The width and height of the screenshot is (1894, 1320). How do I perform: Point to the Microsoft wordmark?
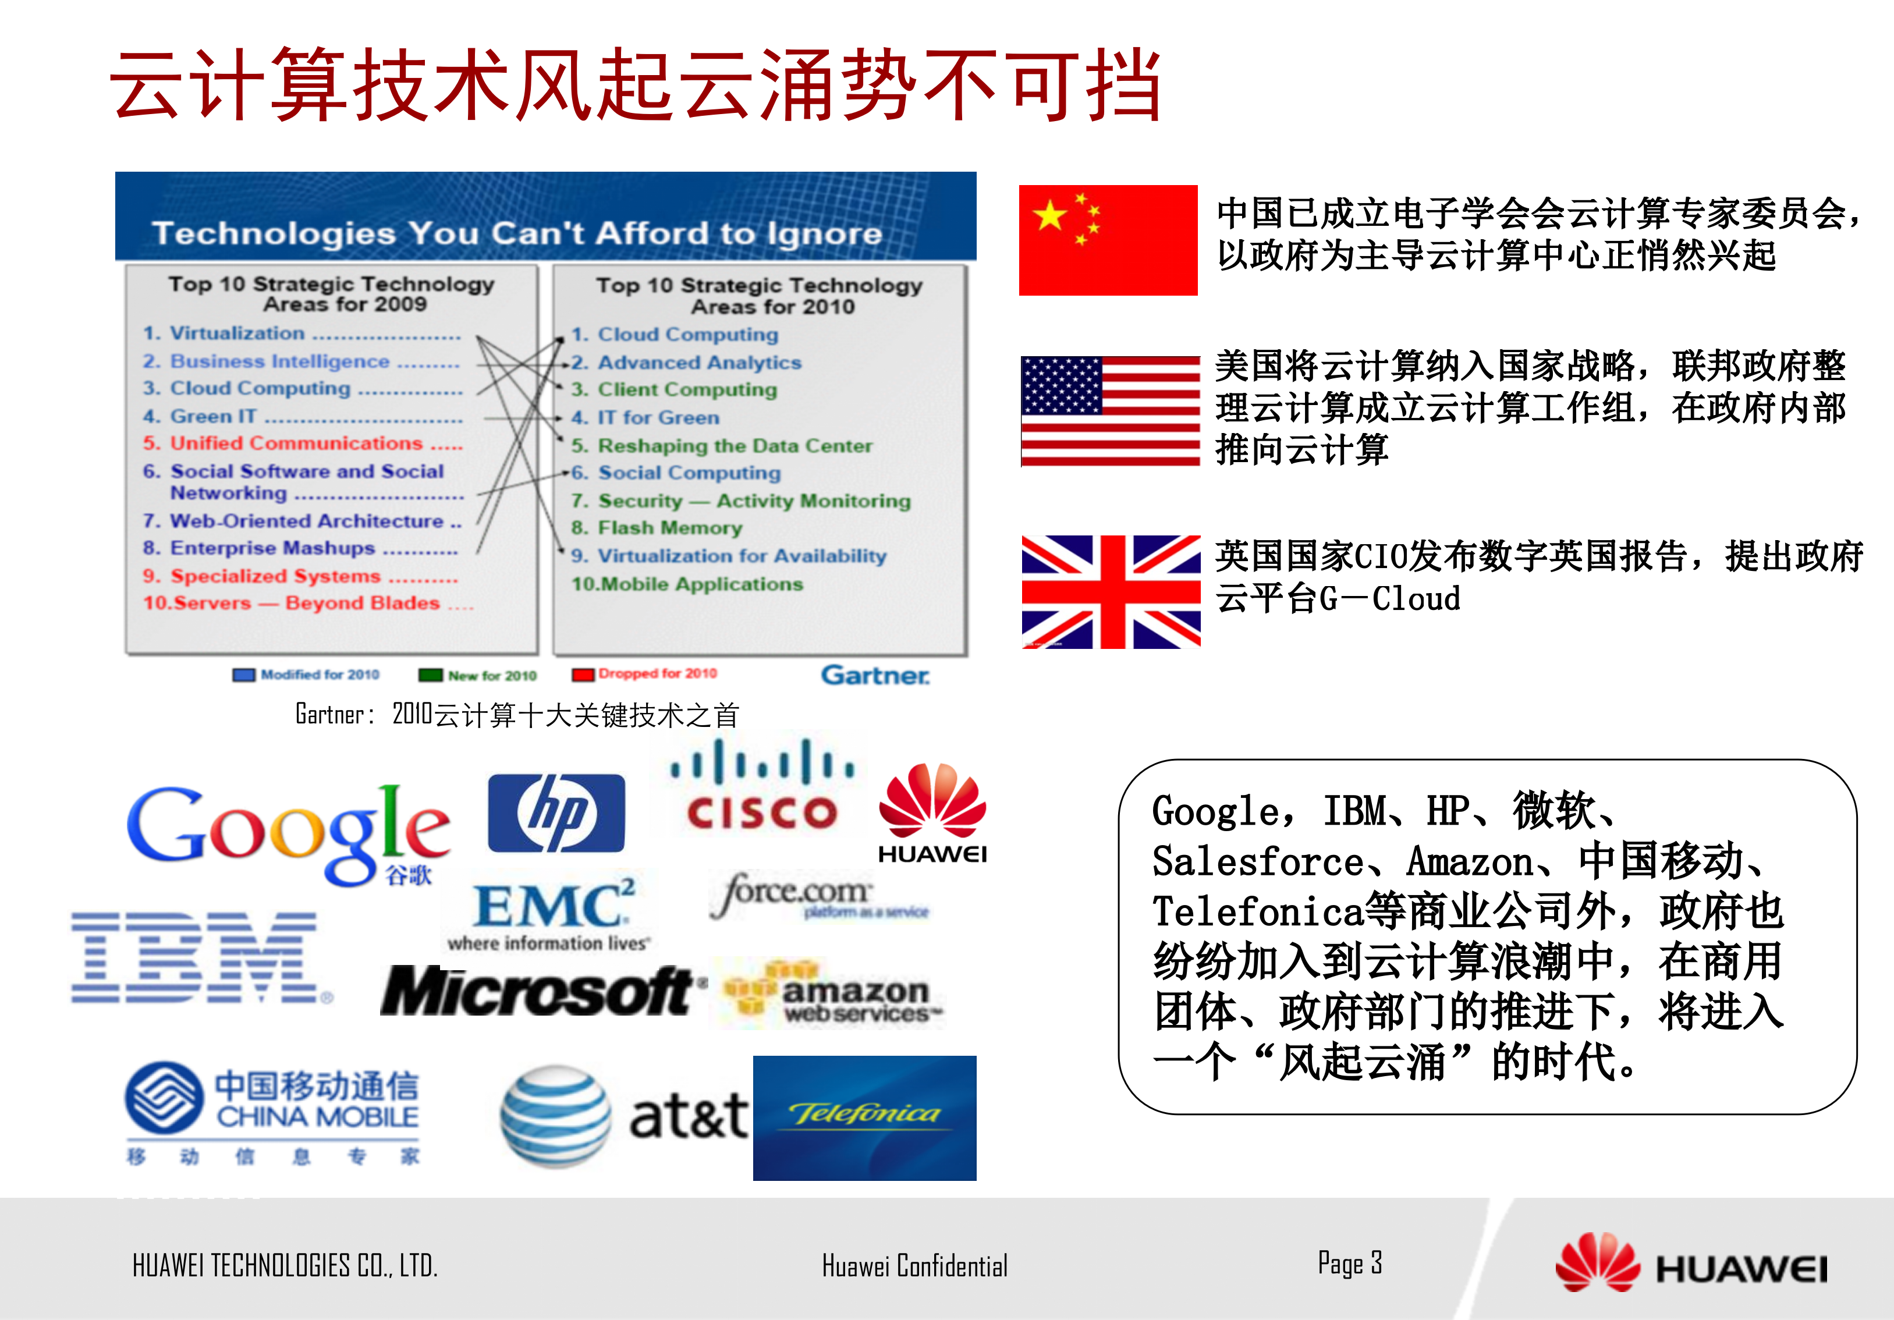536,992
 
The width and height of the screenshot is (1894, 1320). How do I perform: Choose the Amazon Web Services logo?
829,994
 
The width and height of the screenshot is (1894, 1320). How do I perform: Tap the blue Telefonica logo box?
864,1118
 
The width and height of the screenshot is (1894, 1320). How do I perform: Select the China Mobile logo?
272,1110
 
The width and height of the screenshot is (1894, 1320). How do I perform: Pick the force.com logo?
817,895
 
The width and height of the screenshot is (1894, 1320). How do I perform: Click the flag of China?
1108,240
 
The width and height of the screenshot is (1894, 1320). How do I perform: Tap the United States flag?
1109,411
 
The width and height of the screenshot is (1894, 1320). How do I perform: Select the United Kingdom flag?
1111,591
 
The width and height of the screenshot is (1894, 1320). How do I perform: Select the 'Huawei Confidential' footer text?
914,1265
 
